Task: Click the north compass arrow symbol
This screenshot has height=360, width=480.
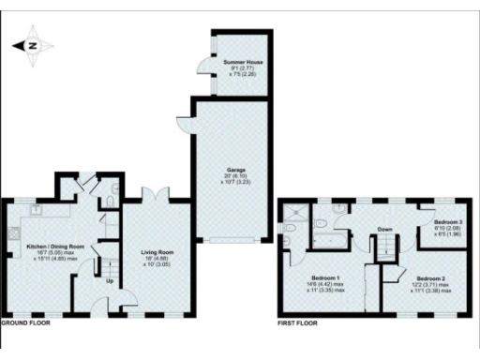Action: click(33, 45)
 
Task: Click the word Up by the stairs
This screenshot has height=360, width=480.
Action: click(110, 280)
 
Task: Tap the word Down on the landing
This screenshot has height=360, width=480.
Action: click(384, 229)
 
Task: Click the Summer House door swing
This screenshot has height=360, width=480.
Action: click(201, 67)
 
